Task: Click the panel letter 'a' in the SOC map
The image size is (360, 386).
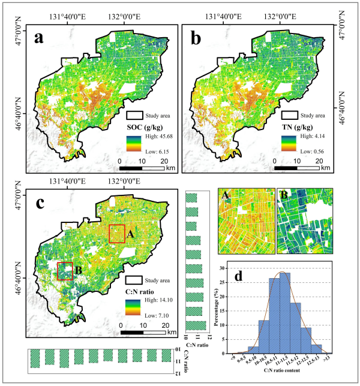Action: coord(40,39)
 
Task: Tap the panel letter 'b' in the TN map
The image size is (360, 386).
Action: coord(196,39)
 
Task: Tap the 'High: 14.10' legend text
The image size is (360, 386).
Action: coord(158,299)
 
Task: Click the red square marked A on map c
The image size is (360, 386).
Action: coord(117,233)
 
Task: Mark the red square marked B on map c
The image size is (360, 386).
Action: coord(65,271)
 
